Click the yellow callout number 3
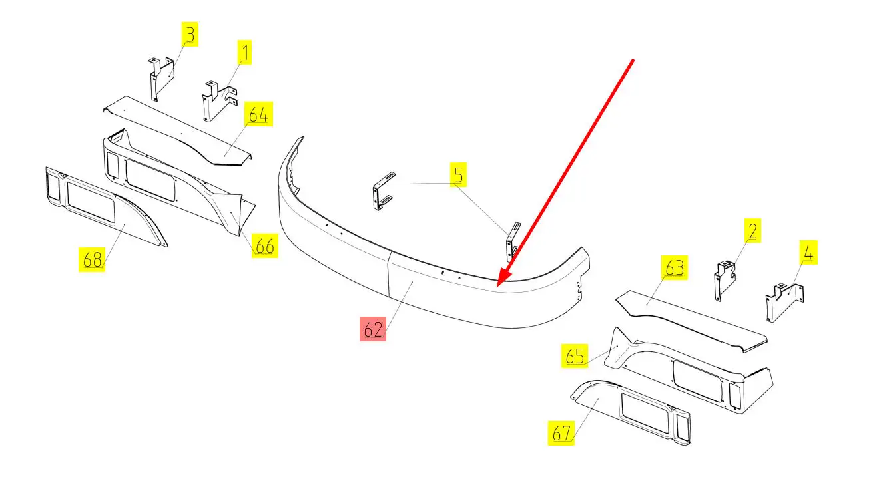[190, 35]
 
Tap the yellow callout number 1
[244, 52]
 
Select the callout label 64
[258, 114]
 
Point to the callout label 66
[265, 245]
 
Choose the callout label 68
[92, 259]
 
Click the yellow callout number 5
[458, 174]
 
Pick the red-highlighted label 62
[373, 329]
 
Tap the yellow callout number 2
[752, 230]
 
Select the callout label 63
[675, 267]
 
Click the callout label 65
[575, 355]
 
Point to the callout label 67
[561, 432]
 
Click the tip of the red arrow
[497, 287]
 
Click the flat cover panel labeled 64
[176, 131]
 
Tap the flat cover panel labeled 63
[691, 321]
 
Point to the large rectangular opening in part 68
[91, 203]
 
